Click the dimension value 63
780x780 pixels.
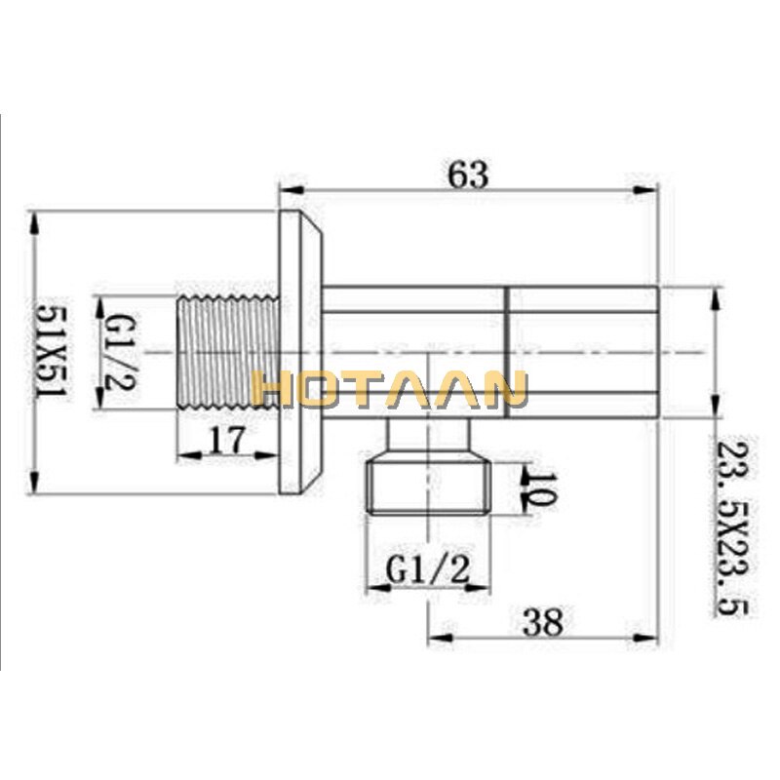coord(467,175)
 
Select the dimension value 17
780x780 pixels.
coord(226,441)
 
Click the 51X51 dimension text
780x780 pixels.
coord(48,351)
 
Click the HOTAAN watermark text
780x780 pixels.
coord(389,388)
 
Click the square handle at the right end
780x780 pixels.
coord(585,351)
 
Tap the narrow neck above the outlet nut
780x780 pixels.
coord(430,434)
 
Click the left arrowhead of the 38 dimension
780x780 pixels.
coord(435,640)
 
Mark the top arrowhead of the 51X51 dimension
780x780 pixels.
coord(35,218)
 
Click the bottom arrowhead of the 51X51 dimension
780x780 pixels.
coord(35,487)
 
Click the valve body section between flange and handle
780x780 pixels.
coord(414,351)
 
